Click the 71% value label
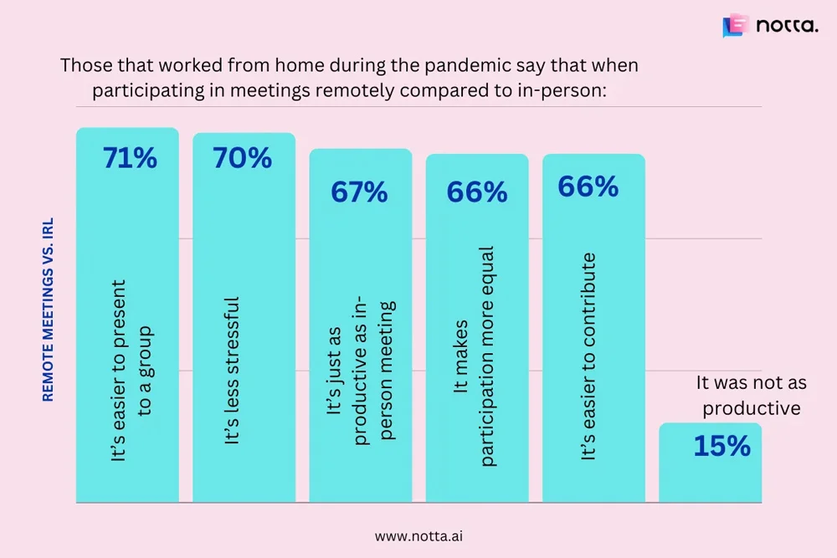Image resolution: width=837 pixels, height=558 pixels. (130, 158)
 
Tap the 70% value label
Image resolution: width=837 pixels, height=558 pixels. (242, 158)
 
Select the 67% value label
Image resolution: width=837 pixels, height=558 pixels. (359, 192)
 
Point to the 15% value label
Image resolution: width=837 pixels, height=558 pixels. (721, 446)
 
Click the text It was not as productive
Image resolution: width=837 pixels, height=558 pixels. (751, 396)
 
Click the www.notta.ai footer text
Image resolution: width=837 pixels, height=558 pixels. (417, 534)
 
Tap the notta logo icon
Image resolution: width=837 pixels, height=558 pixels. (733, 26)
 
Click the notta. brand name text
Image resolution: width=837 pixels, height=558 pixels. (787, 26)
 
